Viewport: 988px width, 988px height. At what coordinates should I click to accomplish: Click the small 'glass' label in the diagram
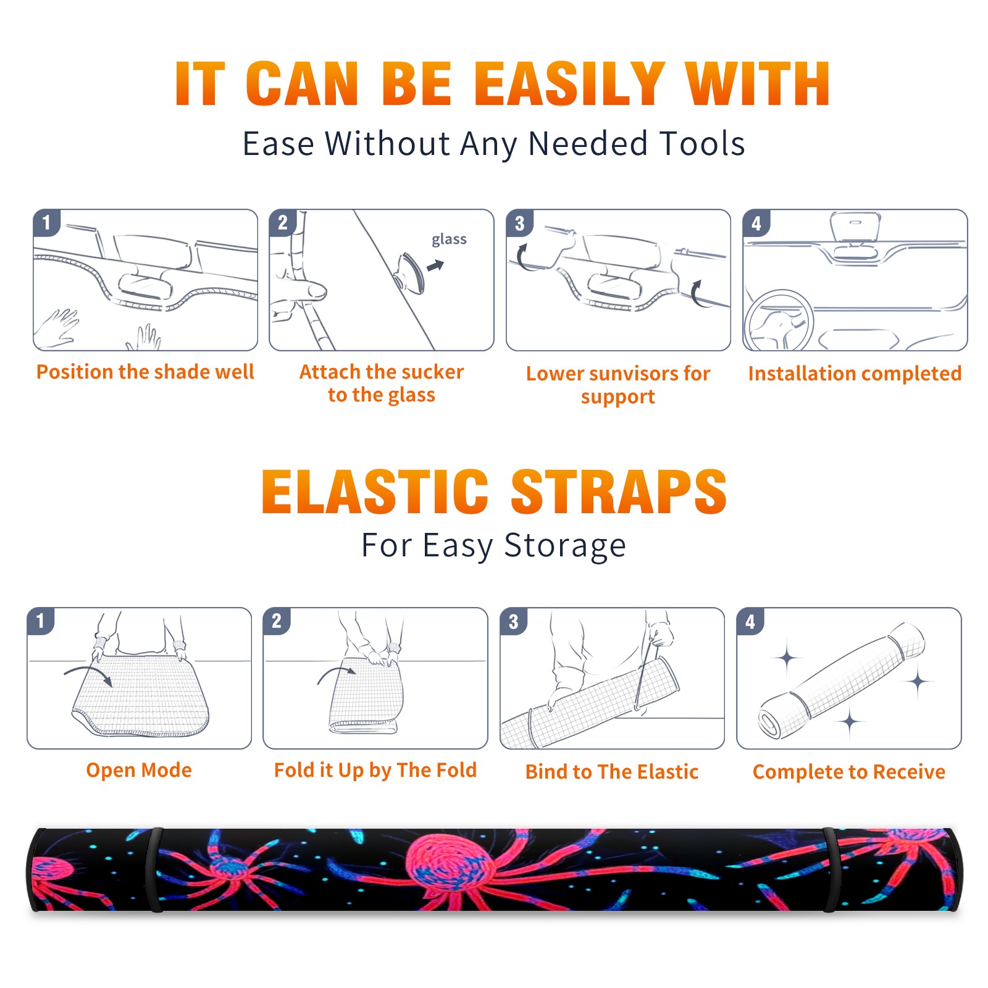(449, 240)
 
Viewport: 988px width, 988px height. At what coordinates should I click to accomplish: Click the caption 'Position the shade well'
(145, 372)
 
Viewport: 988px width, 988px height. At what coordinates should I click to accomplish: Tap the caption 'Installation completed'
(855, 374)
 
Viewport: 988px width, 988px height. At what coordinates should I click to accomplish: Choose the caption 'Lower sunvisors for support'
(618, 385)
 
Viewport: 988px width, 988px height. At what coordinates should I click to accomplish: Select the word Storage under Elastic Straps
(565, 546)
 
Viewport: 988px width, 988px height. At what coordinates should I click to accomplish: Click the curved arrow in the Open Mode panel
(89, 674)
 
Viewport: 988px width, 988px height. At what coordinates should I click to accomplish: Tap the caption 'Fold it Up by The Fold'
(375, 771)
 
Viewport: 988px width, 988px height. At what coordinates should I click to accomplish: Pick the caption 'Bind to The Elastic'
(612, 772)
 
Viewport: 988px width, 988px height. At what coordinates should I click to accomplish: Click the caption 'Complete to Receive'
(849, 772)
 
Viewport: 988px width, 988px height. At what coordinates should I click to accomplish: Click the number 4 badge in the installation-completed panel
(756, 223)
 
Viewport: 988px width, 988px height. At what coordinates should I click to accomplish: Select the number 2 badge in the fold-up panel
(277, 621)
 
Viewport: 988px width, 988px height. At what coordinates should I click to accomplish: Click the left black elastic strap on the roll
(154, 869)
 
